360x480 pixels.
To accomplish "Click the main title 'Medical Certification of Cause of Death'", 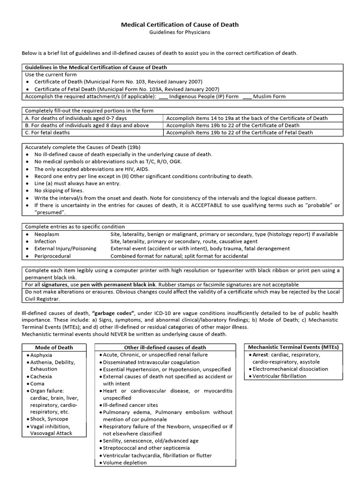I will tap(180, 24).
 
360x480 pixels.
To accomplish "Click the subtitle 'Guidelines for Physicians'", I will tap(180, 32).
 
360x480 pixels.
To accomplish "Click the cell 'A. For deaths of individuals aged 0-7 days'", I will tap(76, 118).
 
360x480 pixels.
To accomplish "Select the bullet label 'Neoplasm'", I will tap(47, 234).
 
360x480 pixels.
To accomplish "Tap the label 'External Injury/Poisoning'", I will tap(65, 248).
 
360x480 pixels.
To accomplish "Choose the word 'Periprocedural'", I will tap(52, 256).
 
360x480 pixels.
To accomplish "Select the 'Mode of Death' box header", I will tap(54, 347).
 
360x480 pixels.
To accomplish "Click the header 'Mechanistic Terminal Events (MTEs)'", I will tap(293, 347).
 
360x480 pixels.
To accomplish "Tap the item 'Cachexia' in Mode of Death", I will tap(41, 376).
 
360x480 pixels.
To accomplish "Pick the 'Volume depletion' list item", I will tap(125, 463).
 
